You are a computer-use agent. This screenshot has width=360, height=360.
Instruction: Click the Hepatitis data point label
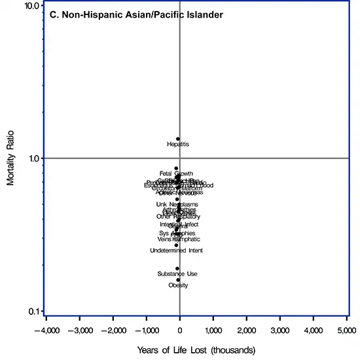pos(178,144)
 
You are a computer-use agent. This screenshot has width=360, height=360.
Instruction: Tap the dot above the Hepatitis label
pos(178,139)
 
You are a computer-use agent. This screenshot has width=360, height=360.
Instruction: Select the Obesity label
pos(178,285)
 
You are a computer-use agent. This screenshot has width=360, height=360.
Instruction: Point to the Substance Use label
pos(177,274)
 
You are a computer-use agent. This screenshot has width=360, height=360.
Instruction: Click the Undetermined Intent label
pos(176,251)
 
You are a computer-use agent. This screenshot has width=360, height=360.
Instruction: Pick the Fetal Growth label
pos(176,173)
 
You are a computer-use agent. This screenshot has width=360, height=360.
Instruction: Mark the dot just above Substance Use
pos(177,268)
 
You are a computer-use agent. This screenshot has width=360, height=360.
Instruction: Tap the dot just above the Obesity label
pos(178,280)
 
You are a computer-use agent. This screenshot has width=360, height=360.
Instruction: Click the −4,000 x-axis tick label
pos(45,325)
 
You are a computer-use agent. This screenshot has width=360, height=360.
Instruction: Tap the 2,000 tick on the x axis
pos(246,325)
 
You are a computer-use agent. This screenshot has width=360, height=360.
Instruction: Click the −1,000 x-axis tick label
pos(145,325)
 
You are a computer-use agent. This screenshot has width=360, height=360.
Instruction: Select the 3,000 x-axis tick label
pos(279,325)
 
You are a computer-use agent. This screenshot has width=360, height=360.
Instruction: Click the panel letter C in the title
pos(52,13)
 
